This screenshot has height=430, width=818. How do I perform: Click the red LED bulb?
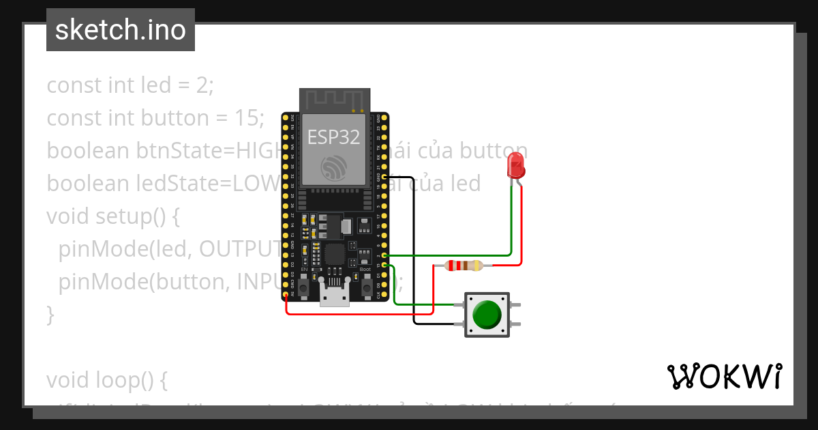(516, 164)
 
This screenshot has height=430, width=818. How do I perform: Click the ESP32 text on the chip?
(333, 137)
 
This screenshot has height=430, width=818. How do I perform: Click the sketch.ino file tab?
(121, 30)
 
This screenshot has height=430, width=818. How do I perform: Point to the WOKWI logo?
(724, 376)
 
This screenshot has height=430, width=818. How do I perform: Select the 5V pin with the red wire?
(286, 296)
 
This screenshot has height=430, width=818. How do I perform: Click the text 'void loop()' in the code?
(106, 380)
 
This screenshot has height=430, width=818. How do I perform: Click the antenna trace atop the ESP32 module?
(334, 100)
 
